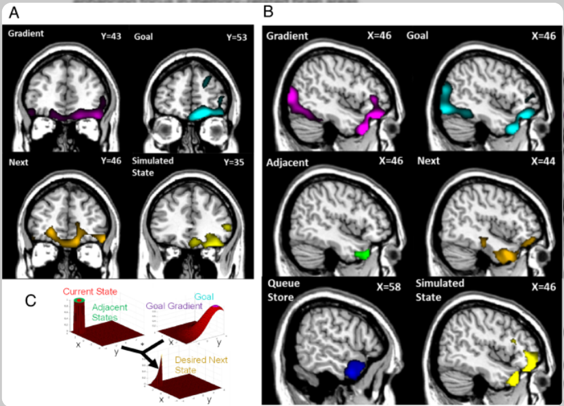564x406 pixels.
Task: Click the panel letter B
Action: pos(269,12)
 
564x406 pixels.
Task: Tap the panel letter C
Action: pos(30,301)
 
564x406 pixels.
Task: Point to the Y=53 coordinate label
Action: pos(232,36)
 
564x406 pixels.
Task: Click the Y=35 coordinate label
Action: pos(232,161)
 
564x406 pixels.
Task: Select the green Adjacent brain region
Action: pos(361,254)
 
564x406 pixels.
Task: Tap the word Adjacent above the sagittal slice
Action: pos(287,163)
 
